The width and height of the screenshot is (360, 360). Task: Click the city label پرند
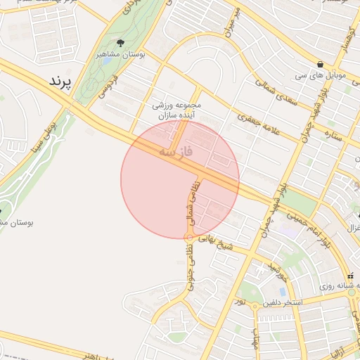coord(60,82)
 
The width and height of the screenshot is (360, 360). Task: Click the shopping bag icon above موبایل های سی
coord(321,64)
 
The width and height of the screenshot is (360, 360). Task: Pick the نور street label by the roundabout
coord(240,302)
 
